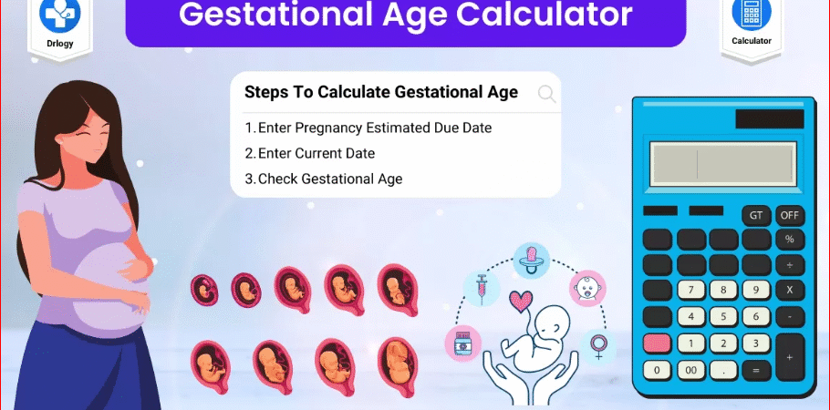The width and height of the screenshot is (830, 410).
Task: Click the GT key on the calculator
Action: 756,216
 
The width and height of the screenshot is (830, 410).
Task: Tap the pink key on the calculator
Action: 658,343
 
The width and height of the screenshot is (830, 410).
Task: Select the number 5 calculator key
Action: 723,317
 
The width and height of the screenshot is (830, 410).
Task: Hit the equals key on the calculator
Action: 755,371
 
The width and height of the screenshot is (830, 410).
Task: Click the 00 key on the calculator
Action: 690,371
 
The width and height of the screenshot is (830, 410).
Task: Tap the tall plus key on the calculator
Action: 790,357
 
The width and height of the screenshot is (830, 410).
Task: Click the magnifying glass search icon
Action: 547,93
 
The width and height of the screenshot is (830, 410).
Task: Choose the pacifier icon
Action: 530,258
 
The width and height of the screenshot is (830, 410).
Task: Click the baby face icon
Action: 587,287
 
